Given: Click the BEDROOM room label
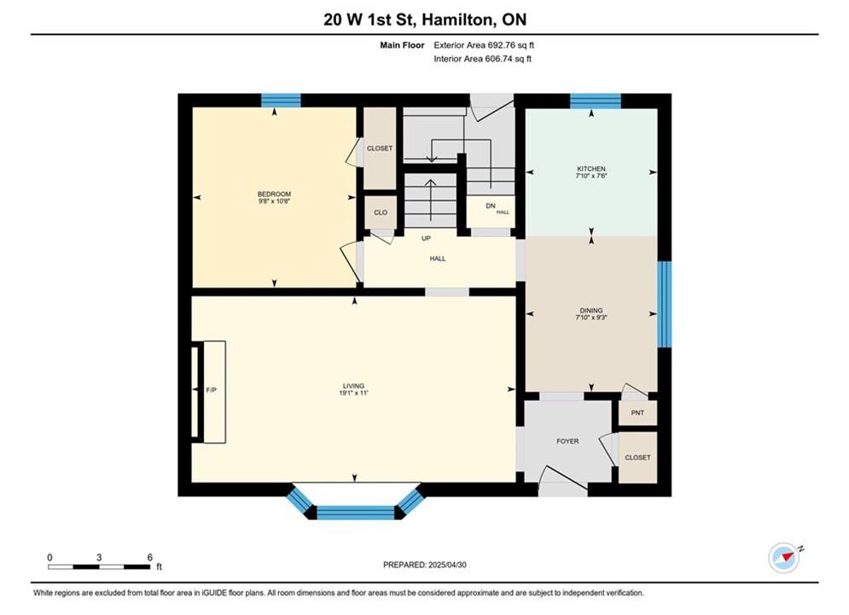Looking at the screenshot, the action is (274, 194).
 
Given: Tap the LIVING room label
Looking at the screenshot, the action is (353, 386).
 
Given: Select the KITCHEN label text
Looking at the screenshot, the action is (591, 168).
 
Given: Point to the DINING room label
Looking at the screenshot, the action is (591, 310).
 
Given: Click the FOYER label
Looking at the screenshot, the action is (567, 441).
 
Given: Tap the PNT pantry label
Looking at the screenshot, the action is (638, 413).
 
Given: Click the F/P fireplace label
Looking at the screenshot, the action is (211, 390).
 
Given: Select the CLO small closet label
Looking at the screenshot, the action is (381, 213).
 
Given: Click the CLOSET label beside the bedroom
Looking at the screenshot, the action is (380, 148).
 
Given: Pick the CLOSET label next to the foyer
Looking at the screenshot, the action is (638, 457).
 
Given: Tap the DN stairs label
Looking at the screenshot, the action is (491, 206).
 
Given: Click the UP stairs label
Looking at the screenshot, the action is (426, 238).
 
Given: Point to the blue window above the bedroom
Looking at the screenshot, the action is (281, 100).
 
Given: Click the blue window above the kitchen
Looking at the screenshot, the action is (595, 101).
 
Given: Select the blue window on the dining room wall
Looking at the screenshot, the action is (665, 304).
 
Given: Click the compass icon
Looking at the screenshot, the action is (784, 558).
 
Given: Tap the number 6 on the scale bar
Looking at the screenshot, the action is (150, 557).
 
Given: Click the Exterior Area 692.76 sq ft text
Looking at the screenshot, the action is (484, 45).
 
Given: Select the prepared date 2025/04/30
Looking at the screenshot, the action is (447, 565).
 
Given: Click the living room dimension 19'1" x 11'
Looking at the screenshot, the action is (353, 393).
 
